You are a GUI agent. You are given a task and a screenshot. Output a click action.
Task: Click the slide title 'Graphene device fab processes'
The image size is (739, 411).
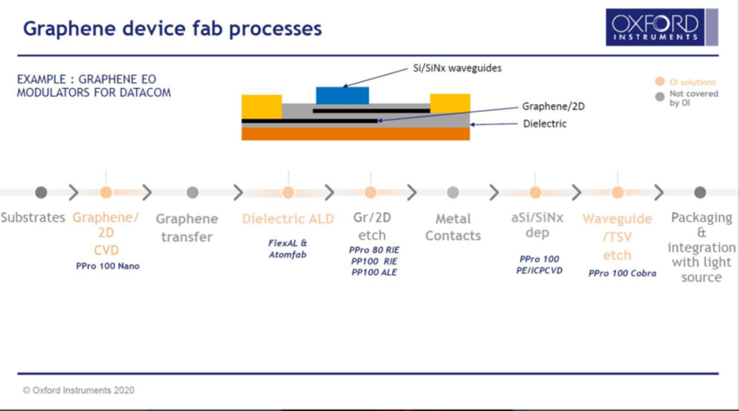(x=172, y=29)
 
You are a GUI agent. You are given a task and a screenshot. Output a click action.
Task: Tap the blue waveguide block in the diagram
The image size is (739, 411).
(x=342, y=95)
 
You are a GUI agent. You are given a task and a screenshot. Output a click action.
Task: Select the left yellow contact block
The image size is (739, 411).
(x=261, y=106)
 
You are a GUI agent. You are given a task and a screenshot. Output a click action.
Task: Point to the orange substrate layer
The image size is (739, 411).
(x=355, y=134)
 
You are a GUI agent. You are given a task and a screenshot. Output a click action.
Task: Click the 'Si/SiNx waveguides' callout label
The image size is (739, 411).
(x=456, y=68)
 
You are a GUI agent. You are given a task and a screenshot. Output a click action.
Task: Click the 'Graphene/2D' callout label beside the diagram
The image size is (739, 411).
(x=554, y=107)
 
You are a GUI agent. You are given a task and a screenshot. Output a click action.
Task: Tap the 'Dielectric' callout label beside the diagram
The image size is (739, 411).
(x=545, y=124)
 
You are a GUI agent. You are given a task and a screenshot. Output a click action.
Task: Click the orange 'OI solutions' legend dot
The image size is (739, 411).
(x=660, y=82)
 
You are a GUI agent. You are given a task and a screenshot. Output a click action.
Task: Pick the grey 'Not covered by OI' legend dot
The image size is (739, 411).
(x=660, y=97)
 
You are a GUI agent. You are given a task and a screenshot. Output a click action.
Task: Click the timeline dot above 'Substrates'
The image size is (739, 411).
(x=41, y=193)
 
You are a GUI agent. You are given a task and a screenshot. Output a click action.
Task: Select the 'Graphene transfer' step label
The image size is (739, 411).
(x=186, y=228)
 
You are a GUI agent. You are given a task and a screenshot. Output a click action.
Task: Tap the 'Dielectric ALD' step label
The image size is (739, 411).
(x=288, y=219)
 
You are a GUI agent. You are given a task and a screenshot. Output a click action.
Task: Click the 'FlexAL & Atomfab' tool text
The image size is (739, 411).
(x=288, y=248)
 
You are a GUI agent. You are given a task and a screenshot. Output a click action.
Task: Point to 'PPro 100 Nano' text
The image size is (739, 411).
(x=107, y=266)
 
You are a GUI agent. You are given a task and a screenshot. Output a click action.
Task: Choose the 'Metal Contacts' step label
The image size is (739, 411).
(x=452, y=227)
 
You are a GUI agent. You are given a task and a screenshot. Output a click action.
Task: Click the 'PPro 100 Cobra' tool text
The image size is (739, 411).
(x=622, y=274)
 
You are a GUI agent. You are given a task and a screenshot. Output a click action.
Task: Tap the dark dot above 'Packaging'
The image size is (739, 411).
(x=700, y=193)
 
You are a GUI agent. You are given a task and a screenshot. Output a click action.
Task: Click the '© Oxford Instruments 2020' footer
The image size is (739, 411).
(x=79, y=390)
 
